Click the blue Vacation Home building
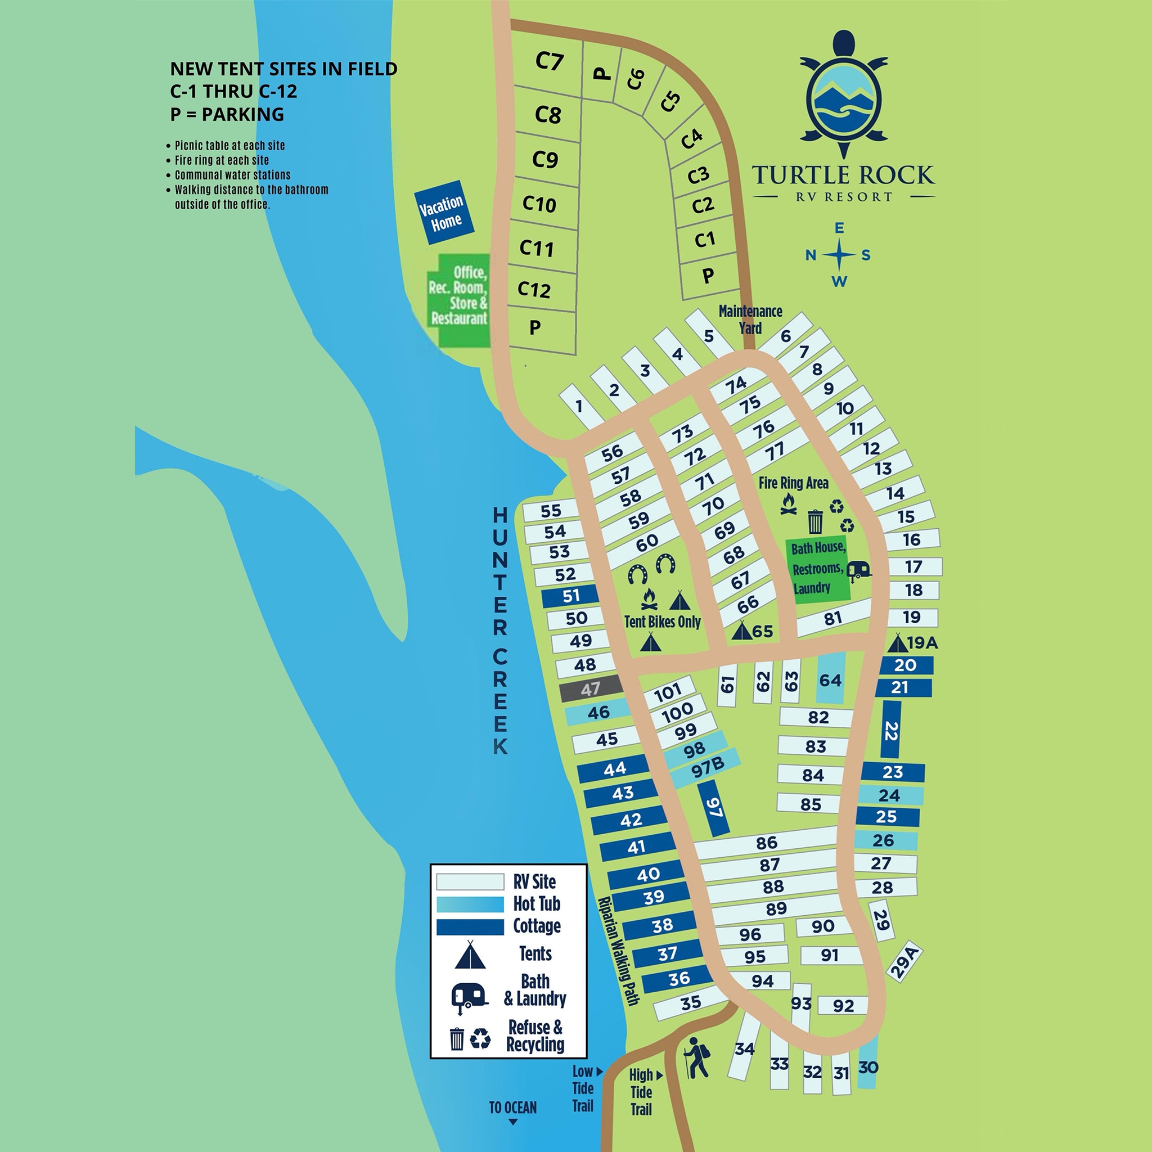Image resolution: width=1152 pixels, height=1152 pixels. pos(444,212)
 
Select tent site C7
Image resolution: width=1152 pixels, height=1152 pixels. pos(548,61)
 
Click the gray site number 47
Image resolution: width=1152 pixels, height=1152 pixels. pos(590,690)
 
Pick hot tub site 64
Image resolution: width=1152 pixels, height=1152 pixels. pos(830,679)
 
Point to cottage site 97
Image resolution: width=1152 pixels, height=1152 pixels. pos(714,808)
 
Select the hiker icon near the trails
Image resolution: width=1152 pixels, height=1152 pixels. pos(696,1057)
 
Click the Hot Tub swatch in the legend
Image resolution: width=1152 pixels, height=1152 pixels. pos(470,904)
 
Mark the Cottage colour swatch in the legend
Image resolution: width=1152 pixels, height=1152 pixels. pos(470,926)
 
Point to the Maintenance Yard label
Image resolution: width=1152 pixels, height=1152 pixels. pos(750,319)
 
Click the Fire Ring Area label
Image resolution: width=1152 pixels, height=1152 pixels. pos(793,483)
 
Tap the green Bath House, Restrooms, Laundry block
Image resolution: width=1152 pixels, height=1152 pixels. pos(817,569)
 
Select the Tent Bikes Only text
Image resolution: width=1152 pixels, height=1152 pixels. pos(662,622)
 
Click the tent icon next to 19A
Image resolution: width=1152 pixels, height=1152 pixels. pos(897,643)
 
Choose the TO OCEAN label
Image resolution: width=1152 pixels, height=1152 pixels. pos(513,1108)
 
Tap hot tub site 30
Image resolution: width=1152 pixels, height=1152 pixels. pos(867,1067)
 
